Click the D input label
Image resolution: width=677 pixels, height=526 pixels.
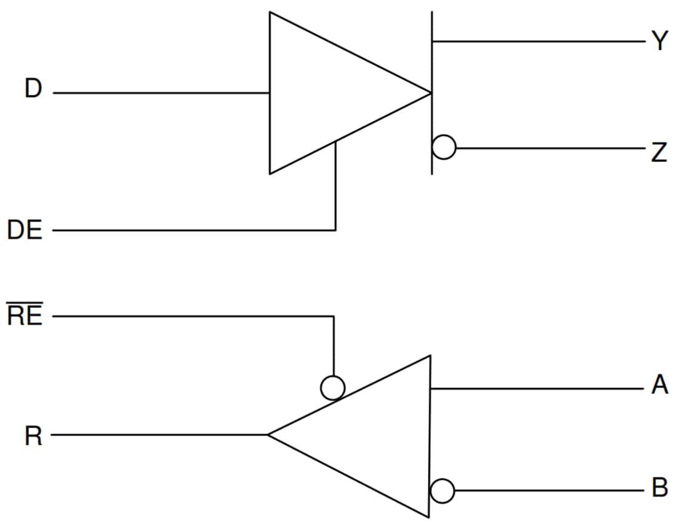(33, 89)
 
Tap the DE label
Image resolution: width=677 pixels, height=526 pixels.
(25, 231)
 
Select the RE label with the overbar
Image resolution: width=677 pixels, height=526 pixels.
(25, 316)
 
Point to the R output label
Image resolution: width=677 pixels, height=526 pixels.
(33, 437)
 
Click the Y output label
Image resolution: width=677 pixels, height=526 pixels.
(660, 42)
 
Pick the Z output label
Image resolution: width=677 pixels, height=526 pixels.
(659, 152)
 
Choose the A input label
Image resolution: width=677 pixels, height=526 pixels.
(660, 386)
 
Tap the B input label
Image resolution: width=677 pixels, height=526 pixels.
(660, 488)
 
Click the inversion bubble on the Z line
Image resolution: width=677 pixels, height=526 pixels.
(444, 148)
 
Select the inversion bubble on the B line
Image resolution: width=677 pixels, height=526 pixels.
(443, 491)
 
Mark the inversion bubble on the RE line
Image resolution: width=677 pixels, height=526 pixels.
(333, 387)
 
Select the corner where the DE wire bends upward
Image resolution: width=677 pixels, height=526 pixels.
(335, 230)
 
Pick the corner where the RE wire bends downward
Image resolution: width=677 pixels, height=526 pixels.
(333, 317)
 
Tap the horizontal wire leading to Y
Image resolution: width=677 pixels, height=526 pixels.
(535, 41)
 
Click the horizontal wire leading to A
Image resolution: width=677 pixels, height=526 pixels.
(535, 389)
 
